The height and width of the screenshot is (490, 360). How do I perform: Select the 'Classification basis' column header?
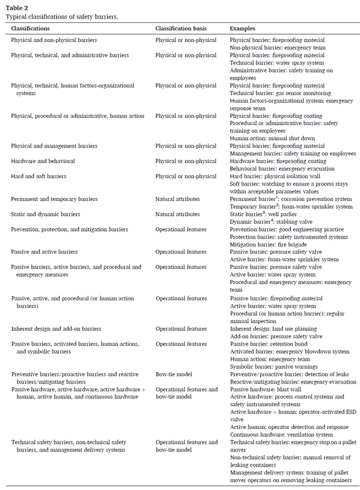tap(182, 29)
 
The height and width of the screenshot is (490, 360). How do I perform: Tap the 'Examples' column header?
tap(243, 29)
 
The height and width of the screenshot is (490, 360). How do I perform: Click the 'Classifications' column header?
tap(30, 29)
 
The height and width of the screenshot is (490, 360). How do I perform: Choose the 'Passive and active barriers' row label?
tap(44, 252)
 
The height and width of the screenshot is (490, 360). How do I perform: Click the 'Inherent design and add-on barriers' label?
tap(56, 328)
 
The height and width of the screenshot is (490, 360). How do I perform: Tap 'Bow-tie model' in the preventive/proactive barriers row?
tap(175, 374)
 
